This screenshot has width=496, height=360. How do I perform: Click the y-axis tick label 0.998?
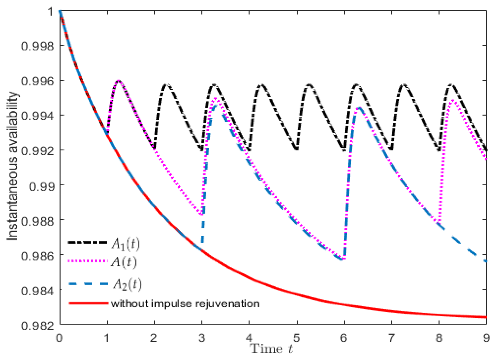(x=37, y=46)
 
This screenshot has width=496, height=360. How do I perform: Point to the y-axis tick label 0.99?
(x=42, y=186)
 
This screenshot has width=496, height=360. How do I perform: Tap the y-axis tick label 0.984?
(x=37, y=291)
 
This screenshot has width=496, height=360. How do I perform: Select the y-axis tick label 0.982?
(x=37, y=326)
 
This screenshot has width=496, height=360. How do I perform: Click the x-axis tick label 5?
(x=297, y=338)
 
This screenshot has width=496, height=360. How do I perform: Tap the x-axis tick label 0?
(x=59, y=338)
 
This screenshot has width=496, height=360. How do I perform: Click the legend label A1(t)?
(x=125, y=244)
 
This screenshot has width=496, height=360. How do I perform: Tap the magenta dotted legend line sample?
(x=88, y=261)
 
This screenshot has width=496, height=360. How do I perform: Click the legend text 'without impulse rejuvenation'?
(x=185, y=304)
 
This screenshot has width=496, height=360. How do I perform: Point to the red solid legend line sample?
(x=88, y=303)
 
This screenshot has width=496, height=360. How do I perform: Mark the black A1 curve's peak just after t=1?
(x=119, y=80)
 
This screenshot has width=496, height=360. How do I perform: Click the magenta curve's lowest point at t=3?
(x=201, y=214)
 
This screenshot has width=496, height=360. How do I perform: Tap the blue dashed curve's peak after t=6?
(x=359, y=108)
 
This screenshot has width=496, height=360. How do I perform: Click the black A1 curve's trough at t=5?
(x=297, y=150)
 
